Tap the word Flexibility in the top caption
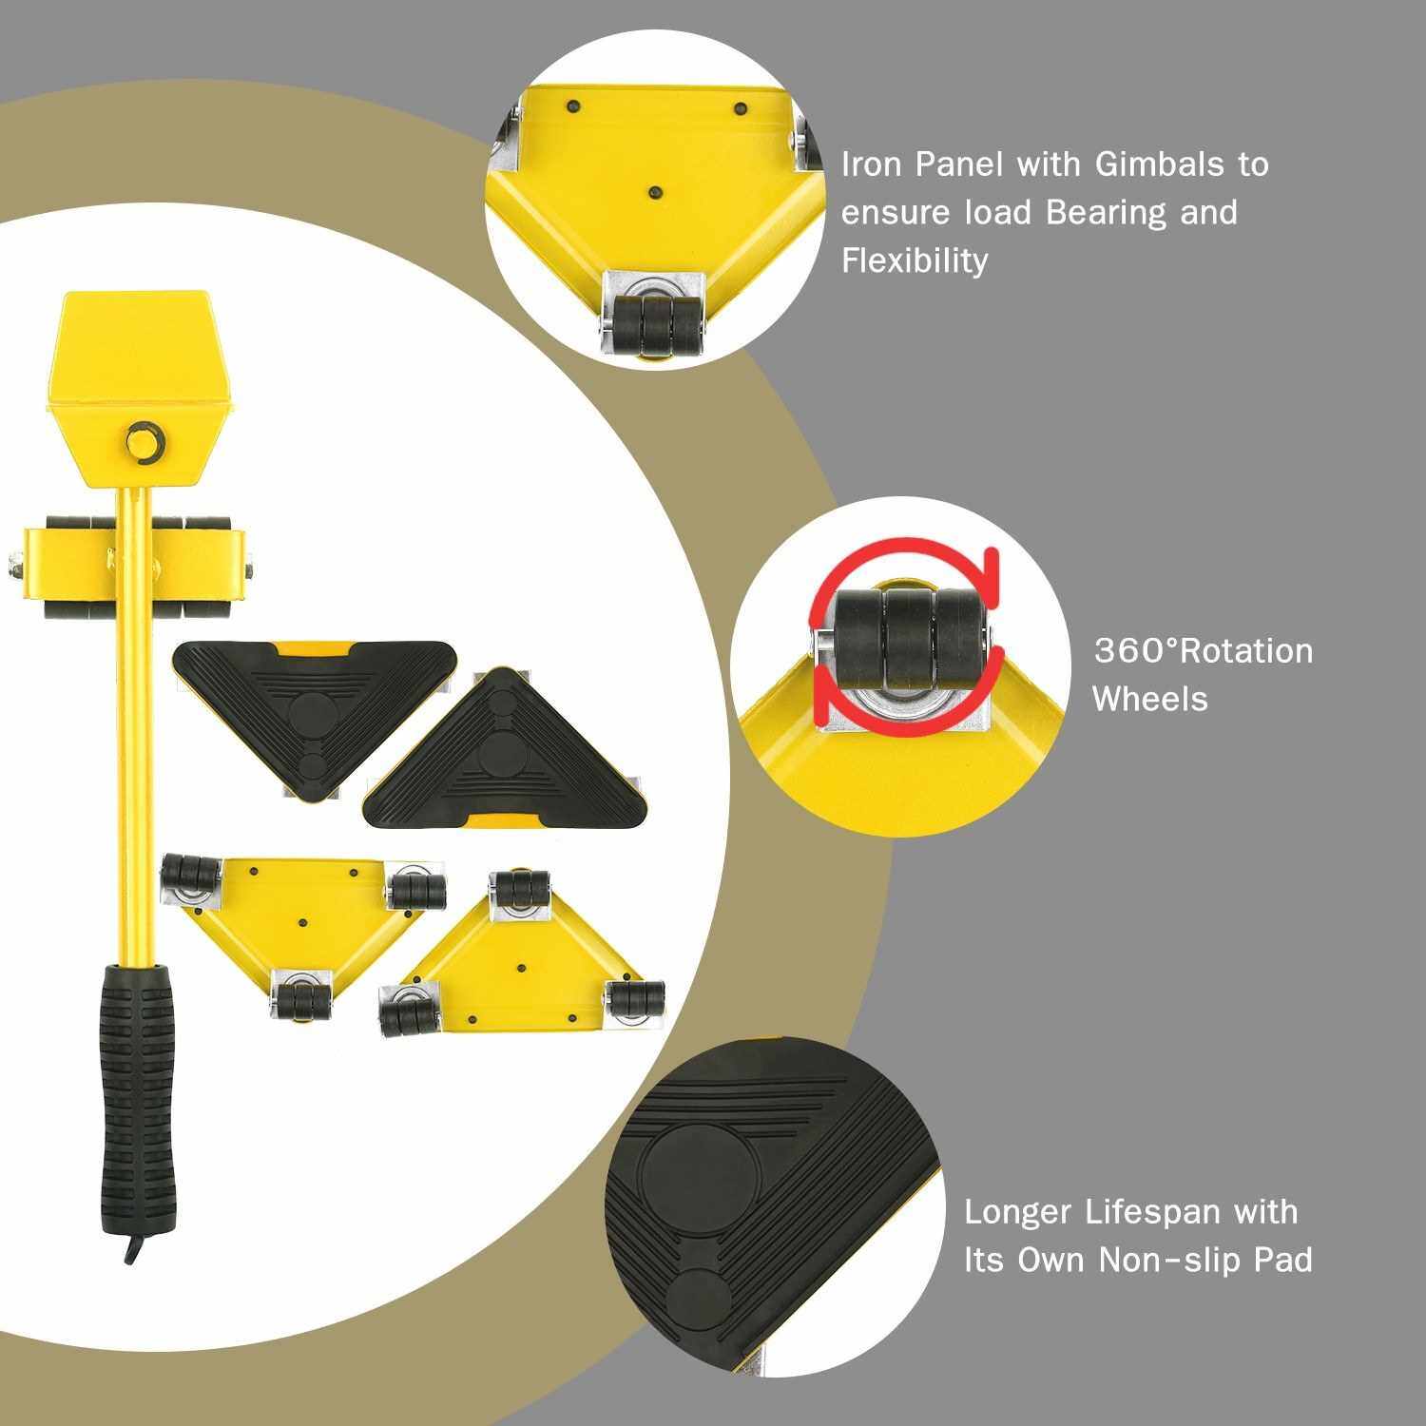(915, 260)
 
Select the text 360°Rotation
(1204, 651)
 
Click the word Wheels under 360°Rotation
(1149, 699)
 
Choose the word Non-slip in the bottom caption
(1171, 1261)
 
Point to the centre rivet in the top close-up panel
(653, 193)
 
